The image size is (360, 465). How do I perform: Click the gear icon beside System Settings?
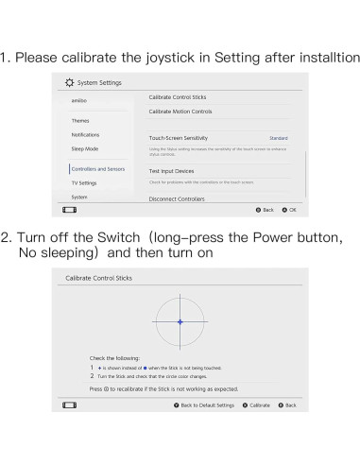[x=68, y=83]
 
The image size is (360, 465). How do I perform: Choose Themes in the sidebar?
[x=80, y=120]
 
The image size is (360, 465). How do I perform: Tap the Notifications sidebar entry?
[x=85, y=134]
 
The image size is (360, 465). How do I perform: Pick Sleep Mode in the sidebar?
[x=84, y=148]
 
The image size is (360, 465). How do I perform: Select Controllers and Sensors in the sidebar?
[x=97, y=168]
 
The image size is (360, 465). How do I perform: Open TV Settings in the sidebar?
[x=83, y=182]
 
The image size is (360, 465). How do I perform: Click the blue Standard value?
[x=278, y=138]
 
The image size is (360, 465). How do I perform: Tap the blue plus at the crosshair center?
[x=180, y=322]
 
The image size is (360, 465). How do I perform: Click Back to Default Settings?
[x=204, y=405]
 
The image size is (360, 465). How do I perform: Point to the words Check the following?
[x=114, y=359]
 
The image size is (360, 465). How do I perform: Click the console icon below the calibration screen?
[x=69, y=405]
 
